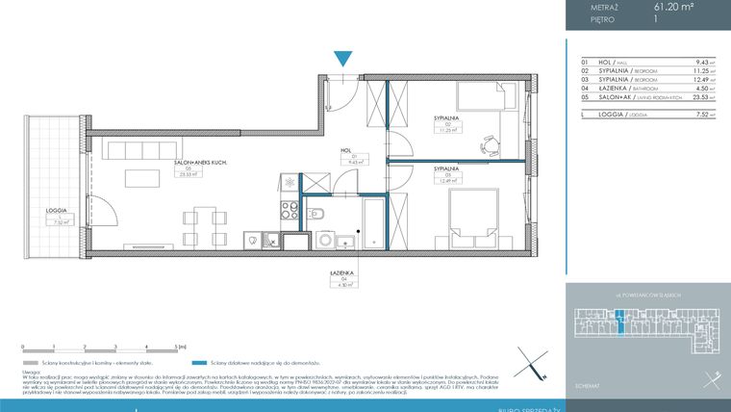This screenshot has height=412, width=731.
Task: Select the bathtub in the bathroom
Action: (371, 220)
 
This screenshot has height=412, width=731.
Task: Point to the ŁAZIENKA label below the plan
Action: (343, 272)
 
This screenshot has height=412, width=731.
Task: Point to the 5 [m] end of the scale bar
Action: (178, 345)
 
